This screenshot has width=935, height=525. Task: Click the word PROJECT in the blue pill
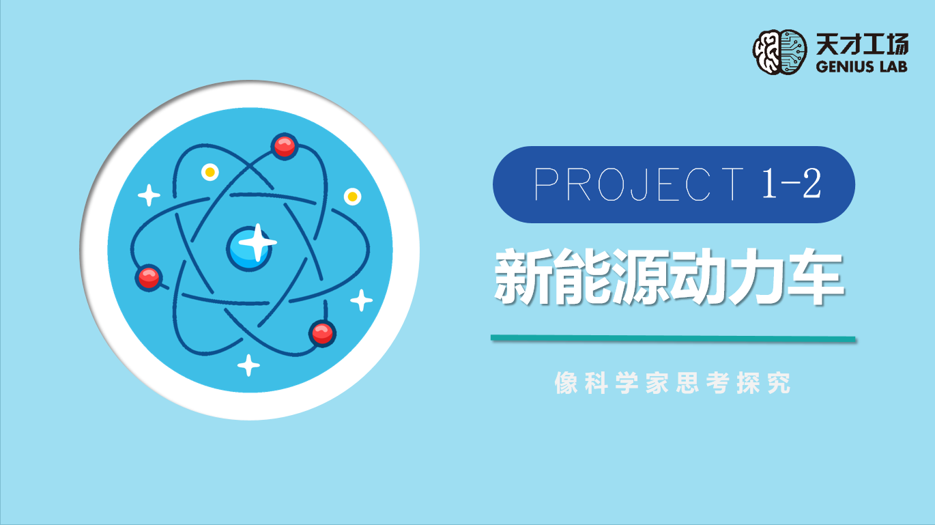click(638, 184)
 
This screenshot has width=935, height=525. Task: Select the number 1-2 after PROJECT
click(792, 184)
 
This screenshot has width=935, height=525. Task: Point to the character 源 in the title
click(641, 276)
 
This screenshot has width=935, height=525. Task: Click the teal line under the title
click(674, 339)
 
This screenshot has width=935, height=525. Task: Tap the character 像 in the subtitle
click(566, 382)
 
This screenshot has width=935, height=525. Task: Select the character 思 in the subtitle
click(687, 382)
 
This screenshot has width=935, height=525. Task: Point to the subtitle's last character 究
click(779, 382)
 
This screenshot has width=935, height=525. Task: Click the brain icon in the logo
click(779, 52)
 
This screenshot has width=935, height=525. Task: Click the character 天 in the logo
click(827, 44)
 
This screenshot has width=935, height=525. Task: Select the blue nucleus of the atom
click(250, 249)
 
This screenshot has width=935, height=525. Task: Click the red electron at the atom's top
click(285, 146)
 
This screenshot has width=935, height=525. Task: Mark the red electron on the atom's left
click(149, 277)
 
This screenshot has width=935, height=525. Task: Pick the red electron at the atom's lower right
click(322, 333)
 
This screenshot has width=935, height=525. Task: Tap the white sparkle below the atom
click(249, 365)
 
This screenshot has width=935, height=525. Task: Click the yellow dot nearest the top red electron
click(210, 172)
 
